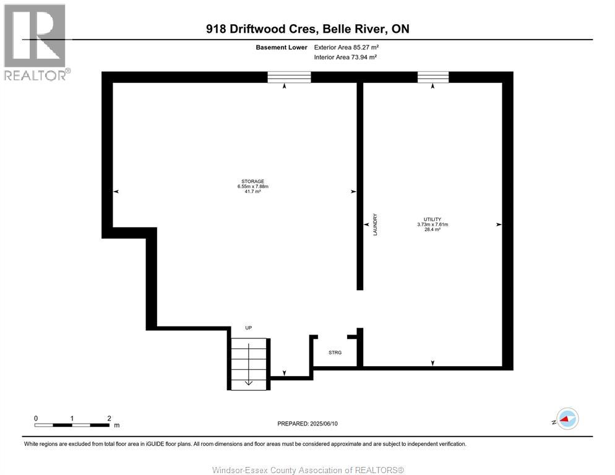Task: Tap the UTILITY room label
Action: [x=432, y=220]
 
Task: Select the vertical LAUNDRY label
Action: [x=375, y=225]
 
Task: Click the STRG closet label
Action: [x=335, y=353]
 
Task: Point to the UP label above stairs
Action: [x=249, y=328]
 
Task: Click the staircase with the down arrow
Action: [x=249, y=364]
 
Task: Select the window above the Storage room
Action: [x=289, y=77]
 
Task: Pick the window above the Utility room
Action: [x=433, y=77]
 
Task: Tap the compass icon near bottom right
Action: [x=567, y=419]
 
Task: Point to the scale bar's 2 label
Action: [x=109, y=418]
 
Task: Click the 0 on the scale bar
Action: [x=36, y=418]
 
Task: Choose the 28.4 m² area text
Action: [x=432, y=229]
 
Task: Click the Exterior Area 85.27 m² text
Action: [x=346, y=47]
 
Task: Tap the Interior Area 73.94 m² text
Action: [x=346, y=57]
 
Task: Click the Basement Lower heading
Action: [x=282, y=47]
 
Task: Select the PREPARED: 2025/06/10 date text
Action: [x=307, y=424]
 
